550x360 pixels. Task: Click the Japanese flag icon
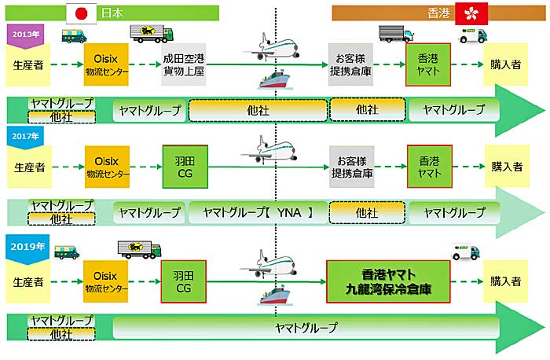[82, 13]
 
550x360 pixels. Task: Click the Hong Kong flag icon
[471, 13]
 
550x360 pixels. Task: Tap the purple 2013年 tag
[25, 36]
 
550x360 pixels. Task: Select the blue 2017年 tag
[25, 138]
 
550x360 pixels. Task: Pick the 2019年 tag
[27, 248]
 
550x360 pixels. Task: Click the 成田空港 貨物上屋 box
[183, 64]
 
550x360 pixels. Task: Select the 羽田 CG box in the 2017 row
[185, 167]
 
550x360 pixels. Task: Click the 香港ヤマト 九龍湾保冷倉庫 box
[388, 281]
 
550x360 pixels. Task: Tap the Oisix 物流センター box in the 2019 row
[105, 281]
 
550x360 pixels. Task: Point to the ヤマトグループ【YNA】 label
[258, 213]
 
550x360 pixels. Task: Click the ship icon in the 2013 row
[275, 80]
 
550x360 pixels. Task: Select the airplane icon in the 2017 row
[269, 150]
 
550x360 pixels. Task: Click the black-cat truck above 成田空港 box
[152, 34]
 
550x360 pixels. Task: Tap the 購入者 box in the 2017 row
[507, 167]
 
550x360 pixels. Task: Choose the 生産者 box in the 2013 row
[28, 64]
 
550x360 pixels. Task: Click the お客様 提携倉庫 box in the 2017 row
[352, 167]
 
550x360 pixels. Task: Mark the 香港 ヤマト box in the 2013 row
[428, 64]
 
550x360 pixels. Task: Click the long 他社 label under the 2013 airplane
[258, 111]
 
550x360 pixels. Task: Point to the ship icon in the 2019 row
[275, 296]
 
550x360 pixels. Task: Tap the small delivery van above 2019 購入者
[466, 252]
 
